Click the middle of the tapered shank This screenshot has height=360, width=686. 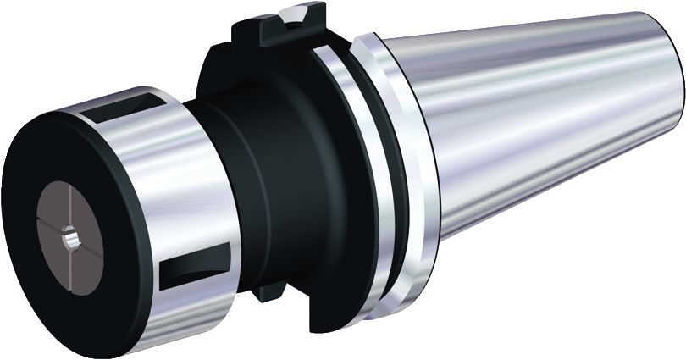click(x=542, y=127)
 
